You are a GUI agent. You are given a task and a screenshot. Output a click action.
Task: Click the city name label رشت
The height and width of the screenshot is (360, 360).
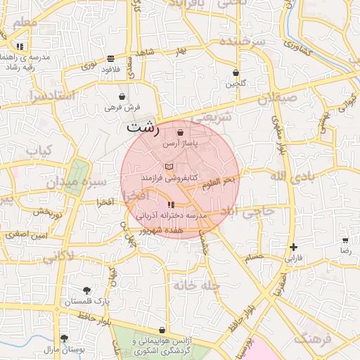tap(143, 129)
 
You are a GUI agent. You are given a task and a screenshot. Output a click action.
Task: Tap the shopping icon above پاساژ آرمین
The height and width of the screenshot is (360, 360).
tap(181, 132)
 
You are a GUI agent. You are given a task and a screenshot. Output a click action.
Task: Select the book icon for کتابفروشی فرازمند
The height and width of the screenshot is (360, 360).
tap(168, 167)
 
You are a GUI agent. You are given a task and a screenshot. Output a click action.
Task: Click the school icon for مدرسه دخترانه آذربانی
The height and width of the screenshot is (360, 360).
tap(171, 205)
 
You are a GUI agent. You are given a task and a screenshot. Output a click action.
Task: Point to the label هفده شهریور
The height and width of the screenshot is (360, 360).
tap(161, 230)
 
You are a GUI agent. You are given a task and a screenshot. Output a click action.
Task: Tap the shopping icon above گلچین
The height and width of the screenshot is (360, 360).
tap(236, 72)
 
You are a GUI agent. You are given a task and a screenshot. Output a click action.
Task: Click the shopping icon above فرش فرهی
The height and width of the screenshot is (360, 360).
tap(122, 96)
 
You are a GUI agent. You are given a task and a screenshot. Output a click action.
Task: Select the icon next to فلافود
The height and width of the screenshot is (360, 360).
tap(110, 58)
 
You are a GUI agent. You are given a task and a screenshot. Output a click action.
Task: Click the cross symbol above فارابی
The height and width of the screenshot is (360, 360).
tap(293, 247)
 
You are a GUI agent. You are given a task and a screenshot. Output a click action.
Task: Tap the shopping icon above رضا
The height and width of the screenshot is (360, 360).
tap(345, 240)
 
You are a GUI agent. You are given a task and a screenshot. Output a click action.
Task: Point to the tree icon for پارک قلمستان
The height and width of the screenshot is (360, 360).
tap(87, 290)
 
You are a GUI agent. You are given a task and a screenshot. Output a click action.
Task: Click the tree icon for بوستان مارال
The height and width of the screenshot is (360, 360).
tap(64, 337)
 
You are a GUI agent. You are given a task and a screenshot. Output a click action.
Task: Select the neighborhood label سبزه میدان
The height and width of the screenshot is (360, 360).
tap(77, 182)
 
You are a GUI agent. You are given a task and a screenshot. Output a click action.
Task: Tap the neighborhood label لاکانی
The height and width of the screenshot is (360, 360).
tap(57, 258)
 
